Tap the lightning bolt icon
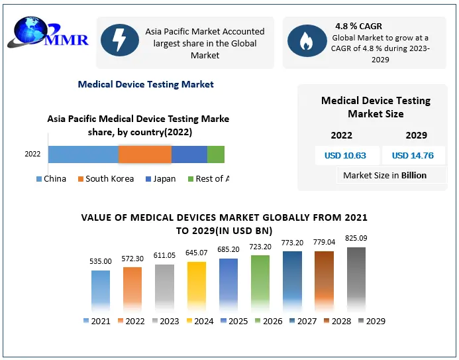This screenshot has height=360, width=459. tap(120, 40)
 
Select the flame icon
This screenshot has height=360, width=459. tap(307, 40)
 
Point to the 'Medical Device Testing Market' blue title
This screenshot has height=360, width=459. tap(146, 84)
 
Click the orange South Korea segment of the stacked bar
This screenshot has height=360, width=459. tap(144, 154)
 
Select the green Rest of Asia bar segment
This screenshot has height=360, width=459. tap(216, 154)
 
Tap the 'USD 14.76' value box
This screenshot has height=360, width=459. tap(413, 156)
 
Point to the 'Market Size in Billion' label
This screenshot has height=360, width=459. tap(385, 176)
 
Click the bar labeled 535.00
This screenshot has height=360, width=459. tap(101, 290)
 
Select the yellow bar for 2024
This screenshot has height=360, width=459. tap(197, 286)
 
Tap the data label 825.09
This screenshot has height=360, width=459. tap(356, 238)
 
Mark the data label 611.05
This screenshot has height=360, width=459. tap(164, 255)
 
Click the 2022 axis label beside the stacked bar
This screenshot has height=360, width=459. tap(32, 154)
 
